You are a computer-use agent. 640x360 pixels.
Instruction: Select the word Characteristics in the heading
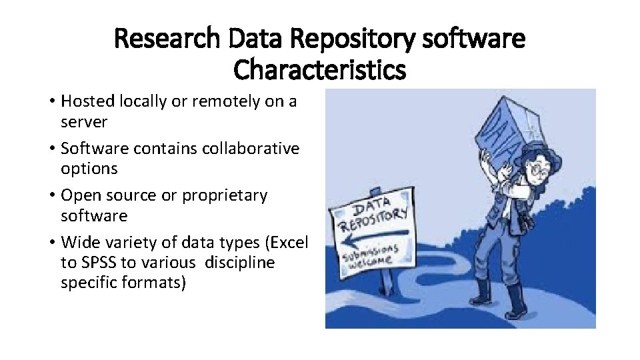point(320,69)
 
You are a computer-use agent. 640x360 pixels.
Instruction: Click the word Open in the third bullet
point(80,196)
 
